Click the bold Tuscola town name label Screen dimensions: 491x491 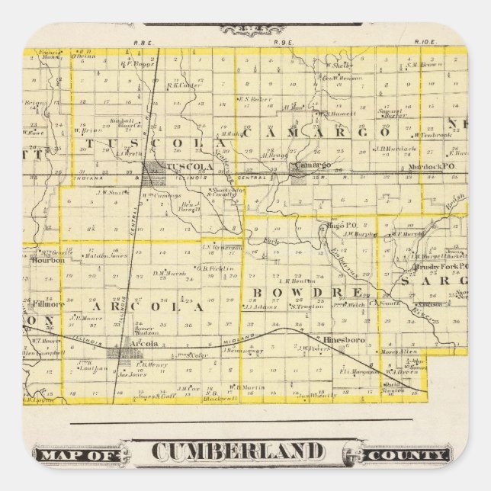click(x=189, y=166)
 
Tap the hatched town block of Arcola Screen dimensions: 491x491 click(x=120, y=354)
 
